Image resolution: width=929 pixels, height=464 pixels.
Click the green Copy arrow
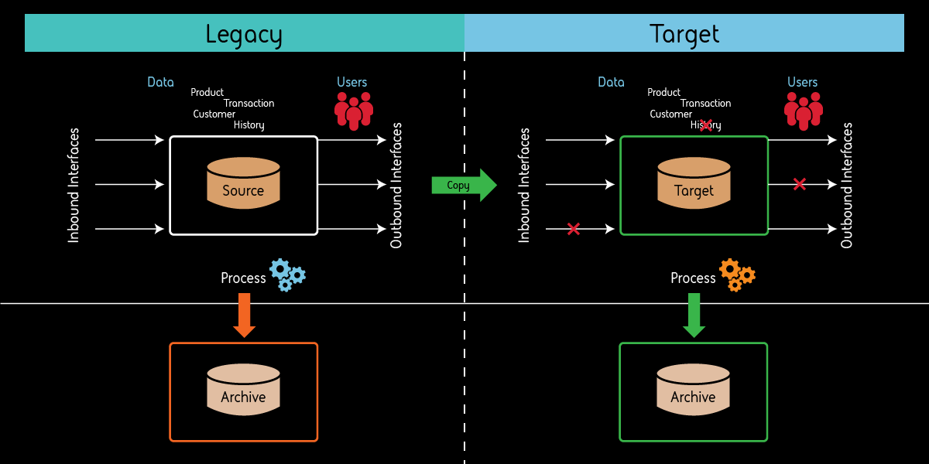pos(463,185)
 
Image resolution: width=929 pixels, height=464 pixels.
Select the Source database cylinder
pos(243,183)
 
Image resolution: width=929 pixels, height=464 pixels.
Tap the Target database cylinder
pos(694,183)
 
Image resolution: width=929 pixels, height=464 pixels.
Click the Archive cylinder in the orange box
pos(243,390)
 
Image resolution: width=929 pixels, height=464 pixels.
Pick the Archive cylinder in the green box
pos(693,390)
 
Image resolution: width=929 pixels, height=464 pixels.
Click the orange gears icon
pos(736,275)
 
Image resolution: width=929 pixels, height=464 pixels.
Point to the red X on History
pos(705,125)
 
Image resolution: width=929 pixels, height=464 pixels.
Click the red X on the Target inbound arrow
pos(573,229)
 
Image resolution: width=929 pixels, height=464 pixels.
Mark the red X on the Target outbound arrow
pos(800,184)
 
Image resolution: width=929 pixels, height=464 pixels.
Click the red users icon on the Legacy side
pos(354,111)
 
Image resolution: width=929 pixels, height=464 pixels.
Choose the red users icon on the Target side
pos(804,111)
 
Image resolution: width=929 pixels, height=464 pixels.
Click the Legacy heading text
pos(244,35)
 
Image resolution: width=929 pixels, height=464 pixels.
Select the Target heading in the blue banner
pos(684,35)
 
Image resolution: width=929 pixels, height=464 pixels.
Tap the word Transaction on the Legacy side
pos(249,103)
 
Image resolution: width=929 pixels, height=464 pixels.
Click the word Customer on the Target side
pos(670,114)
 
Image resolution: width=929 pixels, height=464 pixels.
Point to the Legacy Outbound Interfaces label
pos(396,186)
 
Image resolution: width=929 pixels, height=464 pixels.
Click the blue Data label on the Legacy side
pos(160,82)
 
